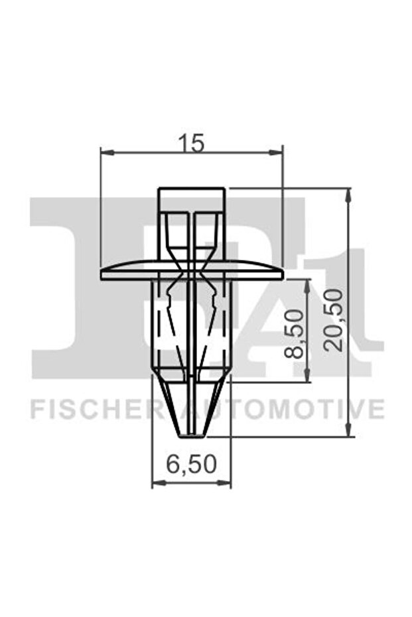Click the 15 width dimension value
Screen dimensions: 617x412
point(191,141)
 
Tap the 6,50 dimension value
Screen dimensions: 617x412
point(191,466)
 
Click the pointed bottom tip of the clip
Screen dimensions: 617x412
point(192,434)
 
